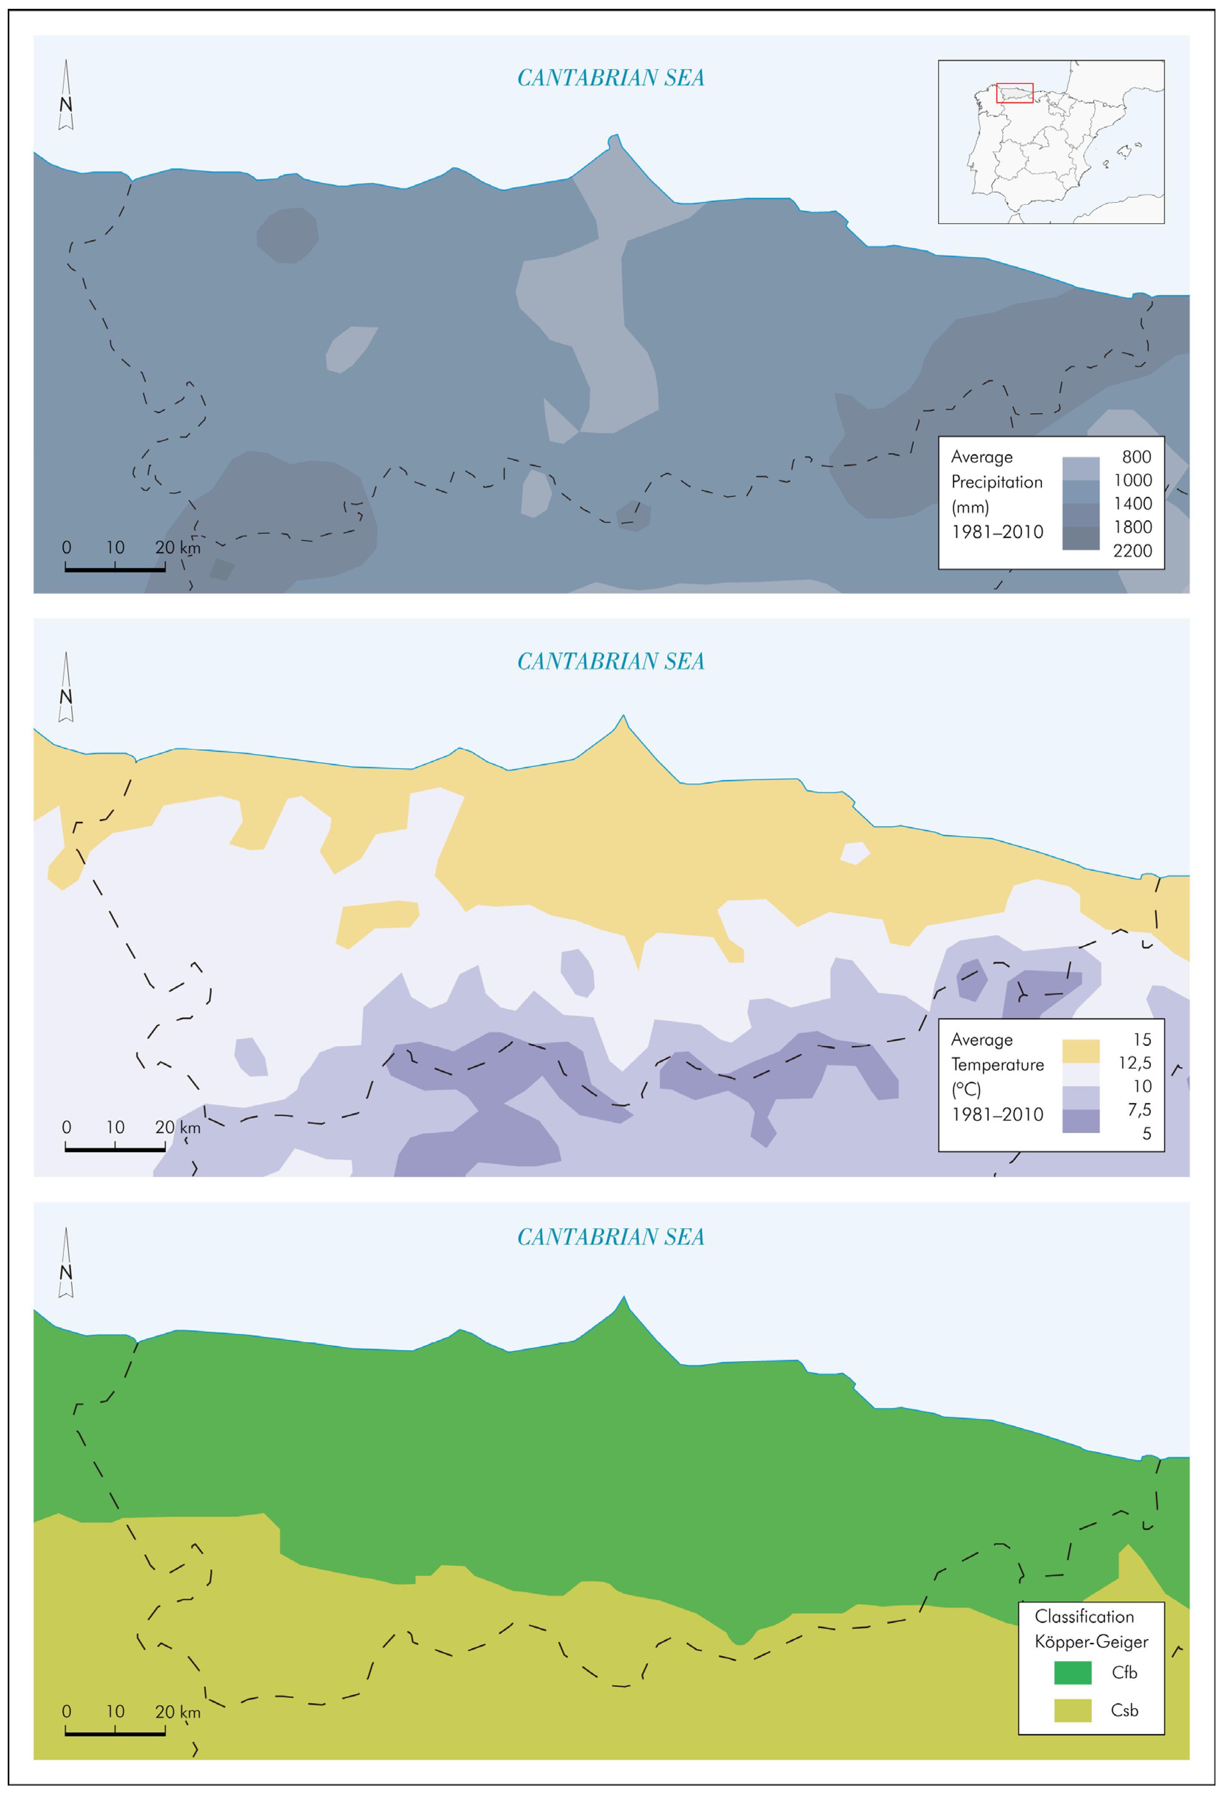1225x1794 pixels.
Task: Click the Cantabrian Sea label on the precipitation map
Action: [611, 78]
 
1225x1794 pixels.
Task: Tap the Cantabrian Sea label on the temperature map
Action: [611, 662]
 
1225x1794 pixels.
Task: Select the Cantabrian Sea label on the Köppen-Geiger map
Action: [611, 1238]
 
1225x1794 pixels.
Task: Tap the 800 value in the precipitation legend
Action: [1136, 457]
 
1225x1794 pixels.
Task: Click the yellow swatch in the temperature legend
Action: [1081, 1051]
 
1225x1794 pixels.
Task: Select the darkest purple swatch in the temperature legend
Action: [1081, 1121]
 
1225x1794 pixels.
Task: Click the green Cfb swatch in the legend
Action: [1073, 1673]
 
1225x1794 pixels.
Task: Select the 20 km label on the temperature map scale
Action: [178, 1128]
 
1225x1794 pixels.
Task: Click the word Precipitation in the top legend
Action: [997, 482]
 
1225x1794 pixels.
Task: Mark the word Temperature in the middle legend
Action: [997, 1065]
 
